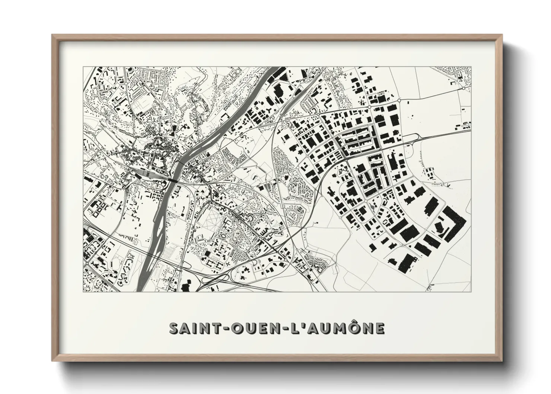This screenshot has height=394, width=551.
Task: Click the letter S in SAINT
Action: click(x=175, y=328)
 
